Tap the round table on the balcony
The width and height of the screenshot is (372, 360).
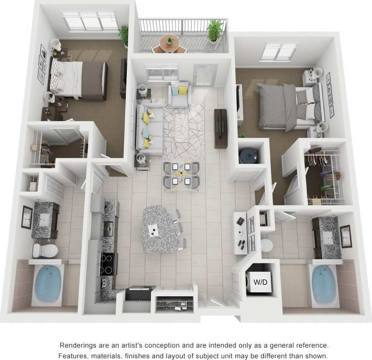(170, 42)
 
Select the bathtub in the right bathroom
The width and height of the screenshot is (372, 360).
(323, 283)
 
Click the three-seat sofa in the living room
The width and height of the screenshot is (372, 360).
(149, 128)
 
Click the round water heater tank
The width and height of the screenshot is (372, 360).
(249, 156)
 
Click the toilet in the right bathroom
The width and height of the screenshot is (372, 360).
(267, 245)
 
